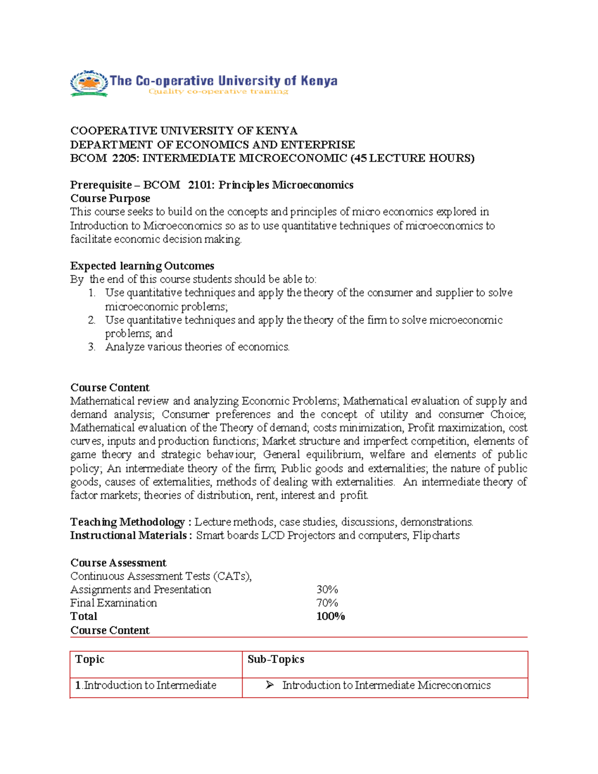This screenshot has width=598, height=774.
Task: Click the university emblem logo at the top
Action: click(x=89, y=83)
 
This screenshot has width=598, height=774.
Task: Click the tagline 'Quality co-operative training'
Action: click(x=218, y=92)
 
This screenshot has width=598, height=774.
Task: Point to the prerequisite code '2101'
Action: click(x=200, y=185)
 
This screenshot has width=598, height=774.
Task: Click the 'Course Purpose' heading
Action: click(x=110, y=199)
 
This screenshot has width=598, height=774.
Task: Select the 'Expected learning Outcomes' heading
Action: click(x=142, y=266)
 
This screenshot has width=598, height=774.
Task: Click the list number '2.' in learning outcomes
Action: click(x=92, y=320)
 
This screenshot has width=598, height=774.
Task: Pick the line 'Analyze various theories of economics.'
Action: click(x=197, y=347)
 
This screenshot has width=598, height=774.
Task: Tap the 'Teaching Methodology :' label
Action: click(x=131, y=522)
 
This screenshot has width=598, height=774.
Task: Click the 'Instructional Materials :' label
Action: click(x=131, y=536)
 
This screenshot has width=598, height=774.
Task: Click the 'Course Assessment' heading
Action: click(x=118, y=563)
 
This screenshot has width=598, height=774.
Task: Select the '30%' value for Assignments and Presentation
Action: click(x=327, y=590)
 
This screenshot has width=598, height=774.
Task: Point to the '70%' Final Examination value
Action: click(x=327, y=603)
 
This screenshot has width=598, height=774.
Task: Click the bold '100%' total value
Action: click(x=330, y=617)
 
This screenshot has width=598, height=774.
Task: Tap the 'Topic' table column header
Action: click(x=90, y=659)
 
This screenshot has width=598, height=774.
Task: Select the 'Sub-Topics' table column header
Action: click(x=276, y=659)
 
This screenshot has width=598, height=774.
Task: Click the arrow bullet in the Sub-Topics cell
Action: click(x=270, y=685)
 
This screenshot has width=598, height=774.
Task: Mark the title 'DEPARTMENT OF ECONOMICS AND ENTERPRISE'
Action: click(x=212, y=145)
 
